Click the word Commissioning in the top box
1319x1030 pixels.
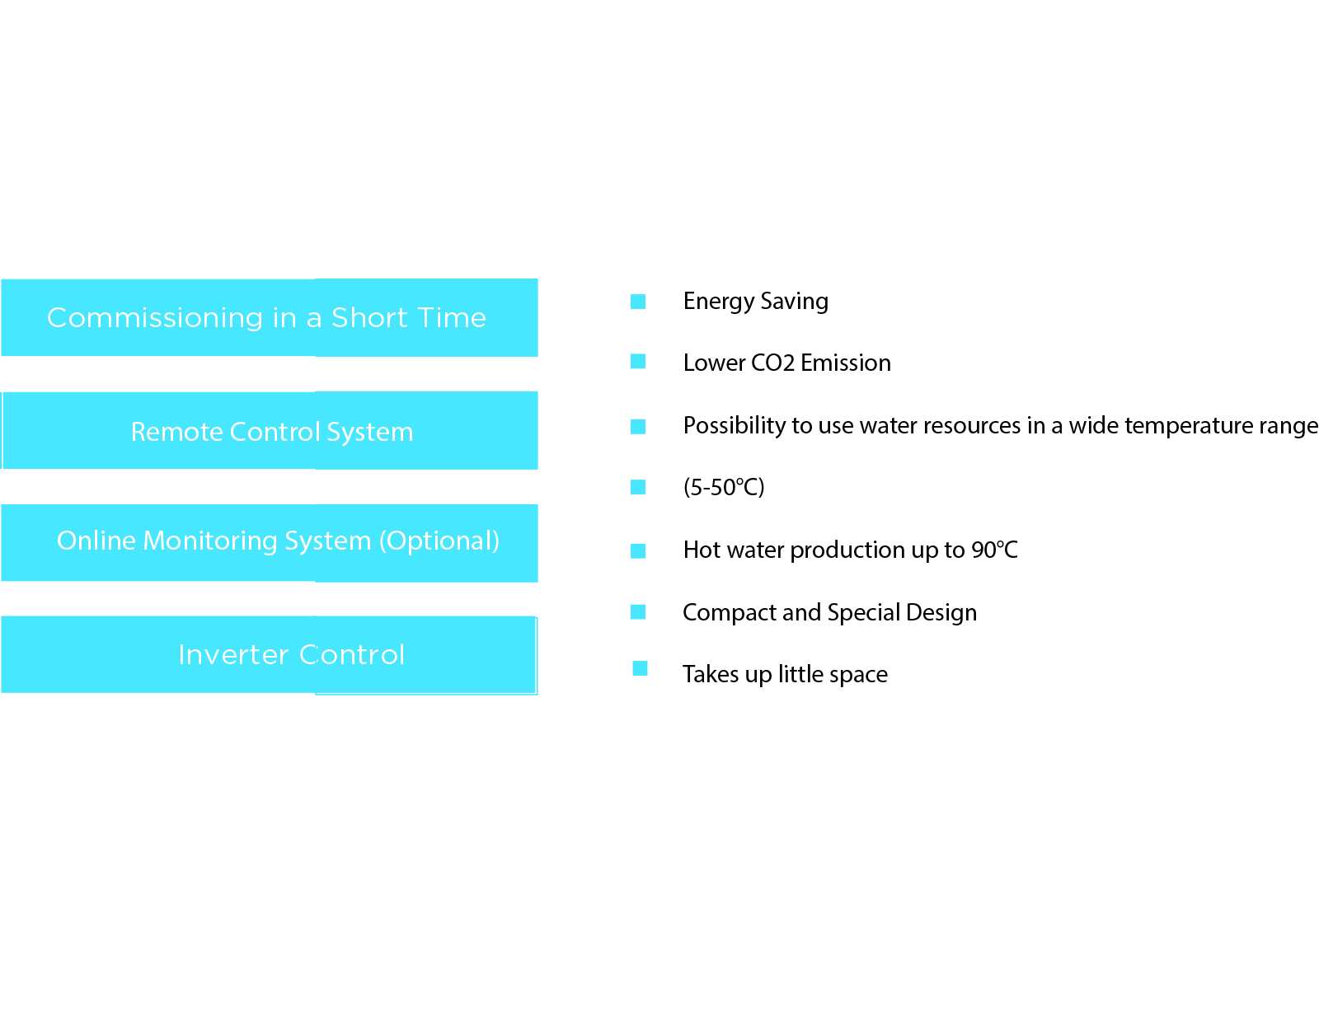pos(154,318)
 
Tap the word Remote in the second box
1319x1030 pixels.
pos(176,431)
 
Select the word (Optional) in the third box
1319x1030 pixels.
pos(439,541)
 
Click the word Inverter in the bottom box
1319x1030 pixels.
pos(233,654)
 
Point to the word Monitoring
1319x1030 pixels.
pos(210,541)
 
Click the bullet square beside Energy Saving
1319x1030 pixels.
pos(637,302)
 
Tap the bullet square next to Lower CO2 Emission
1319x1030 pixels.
pos(637,361)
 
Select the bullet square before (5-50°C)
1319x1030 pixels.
pos(637,487)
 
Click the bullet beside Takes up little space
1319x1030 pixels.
pos(639,668)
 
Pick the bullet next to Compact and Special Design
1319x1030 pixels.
pos(637,612)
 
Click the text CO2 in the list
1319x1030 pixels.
pos(772,363)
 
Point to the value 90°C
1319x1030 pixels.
pos(993,550)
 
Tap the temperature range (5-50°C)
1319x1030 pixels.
pos(723,487)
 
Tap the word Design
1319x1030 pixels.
pos(941,613)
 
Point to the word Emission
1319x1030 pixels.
pos(845,363)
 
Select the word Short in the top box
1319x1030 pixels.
pos(368,318)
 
